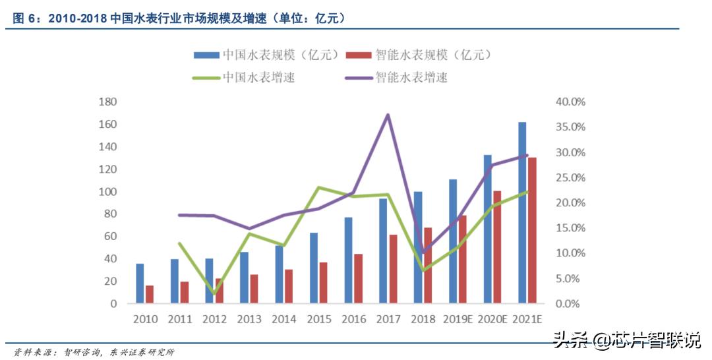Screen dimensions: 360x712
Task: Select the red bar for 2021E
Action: point(532,231)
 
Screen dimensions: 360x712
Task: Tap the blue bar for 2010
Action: point(140,284)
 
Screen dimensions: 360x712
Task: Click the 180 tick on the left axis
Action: point(107,102)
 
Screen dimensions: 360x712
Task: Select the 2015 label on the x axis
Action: point(318,319)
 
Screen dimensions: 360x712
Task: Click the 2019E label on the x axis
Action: point(458,319)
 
